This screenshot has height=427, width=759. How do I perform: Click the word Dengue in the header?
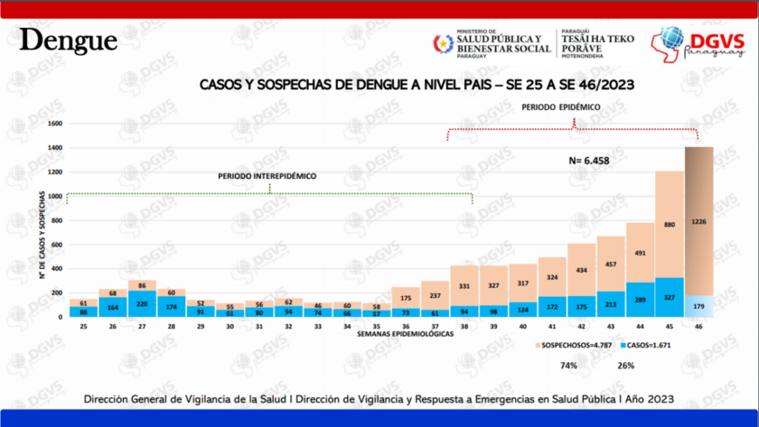68,40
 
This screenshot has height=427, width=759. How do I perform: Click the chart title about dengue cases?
416,85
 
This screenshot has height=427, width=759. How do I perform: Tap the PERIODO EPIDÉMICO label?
562,107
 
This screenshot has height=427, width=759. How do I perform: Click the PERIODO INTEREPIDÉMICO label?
267,176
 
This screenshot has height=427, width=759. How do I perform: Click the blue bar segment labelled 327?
669,297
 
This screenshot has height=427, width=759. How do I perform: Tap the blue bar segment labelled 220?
141,304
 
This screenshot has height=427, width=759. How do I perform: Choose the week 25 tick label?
84,326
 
